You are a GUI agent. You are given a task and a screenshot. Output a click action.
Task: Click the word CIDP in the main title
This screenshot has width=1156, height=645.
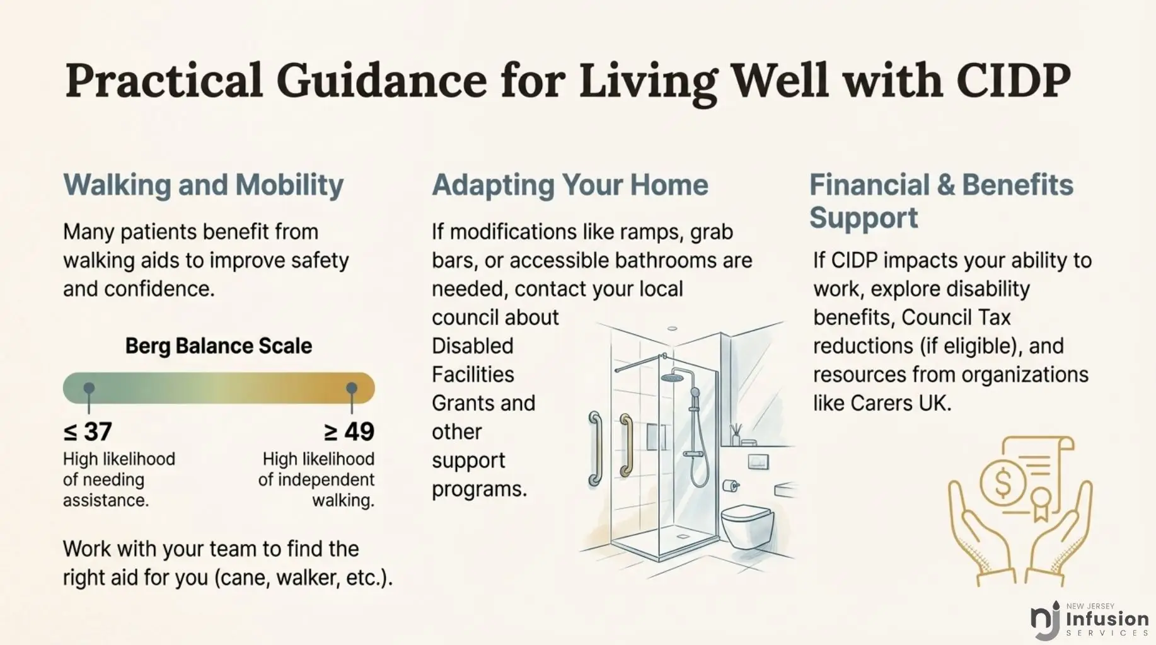pos(1013,80)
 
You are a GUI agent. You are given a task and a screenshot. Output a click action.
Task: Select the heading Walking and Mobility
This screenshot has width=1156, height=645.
pos(204,185)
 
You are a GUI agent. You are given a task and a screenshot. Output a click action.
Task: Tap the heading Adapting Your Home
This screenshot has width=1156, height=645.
pos(570,185)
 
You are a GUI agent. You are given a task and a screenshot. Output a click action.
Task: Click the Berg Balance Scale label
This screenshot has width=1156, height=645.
pos(219,346)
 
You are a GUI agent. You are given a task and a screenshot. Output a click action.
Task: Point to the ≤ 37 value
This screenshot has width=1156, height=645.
pos(88,431)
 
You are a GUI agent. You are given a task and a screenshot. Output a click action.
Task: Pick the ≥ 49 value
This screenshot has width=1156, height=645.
pos(349,431)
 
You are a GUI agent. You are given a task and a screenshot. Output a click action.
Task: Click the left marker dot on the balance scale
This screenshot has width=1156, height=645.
pos(89,388)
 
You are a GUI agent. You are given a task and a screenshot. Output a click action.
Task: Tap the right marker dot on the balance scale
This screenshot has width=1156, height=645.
pos(352,388)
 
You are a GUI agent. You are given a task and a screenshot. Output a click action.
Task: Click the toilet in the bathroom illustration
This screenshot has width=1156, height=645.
pos(748,525)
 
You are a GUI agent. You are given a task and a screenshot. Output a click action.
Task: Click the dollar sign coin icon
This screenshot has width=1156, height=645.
pos(1002,484)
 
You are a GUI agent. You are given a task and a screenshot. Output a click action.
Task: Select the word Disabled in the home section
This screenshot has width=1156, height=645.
pos(473,346)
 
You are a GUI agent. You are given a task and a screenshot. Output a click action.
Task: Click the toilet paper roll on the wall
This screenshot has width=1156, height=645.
pos(731,486)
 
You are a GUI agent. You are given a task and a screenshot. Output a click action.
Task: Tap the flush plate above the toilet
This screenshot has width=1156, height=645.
pos(758,461)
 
